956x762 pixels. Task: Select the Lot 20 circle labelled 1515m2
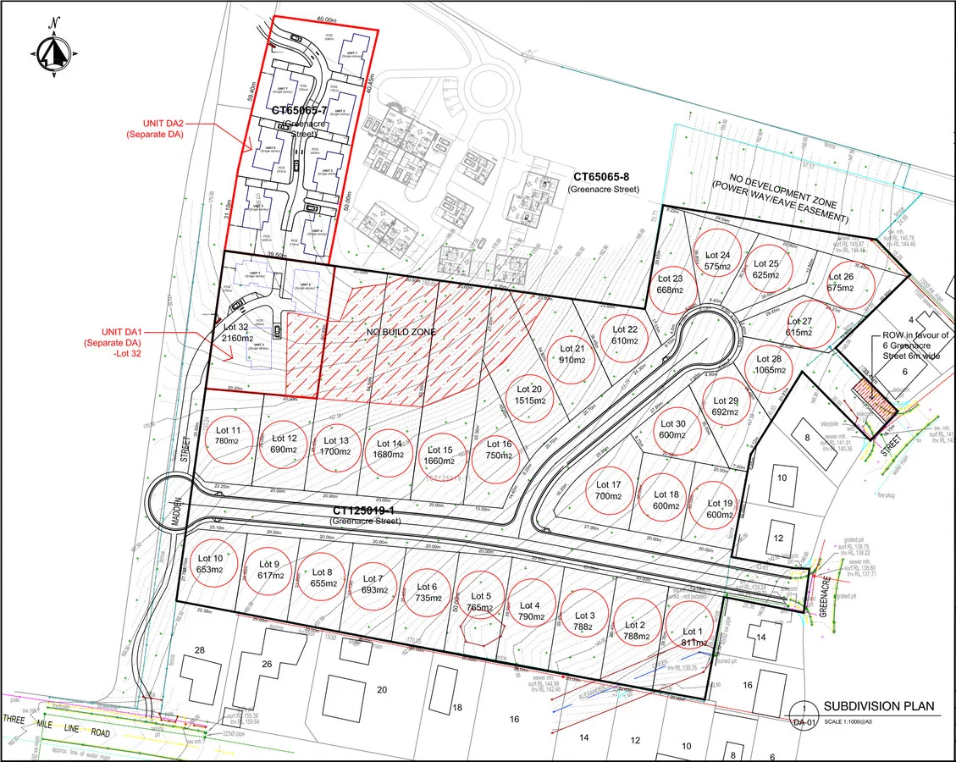pyautogui.click(x=530, y=395)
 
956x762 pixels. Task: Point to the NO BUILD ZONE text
pyautogui.click(x=401, y=333)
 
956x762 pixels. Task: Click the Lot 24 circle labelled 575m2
pyautogui.click(x=717, y=260)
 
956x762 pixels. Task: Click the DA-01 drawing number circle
pyautogui.click(x=802, y=715)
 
